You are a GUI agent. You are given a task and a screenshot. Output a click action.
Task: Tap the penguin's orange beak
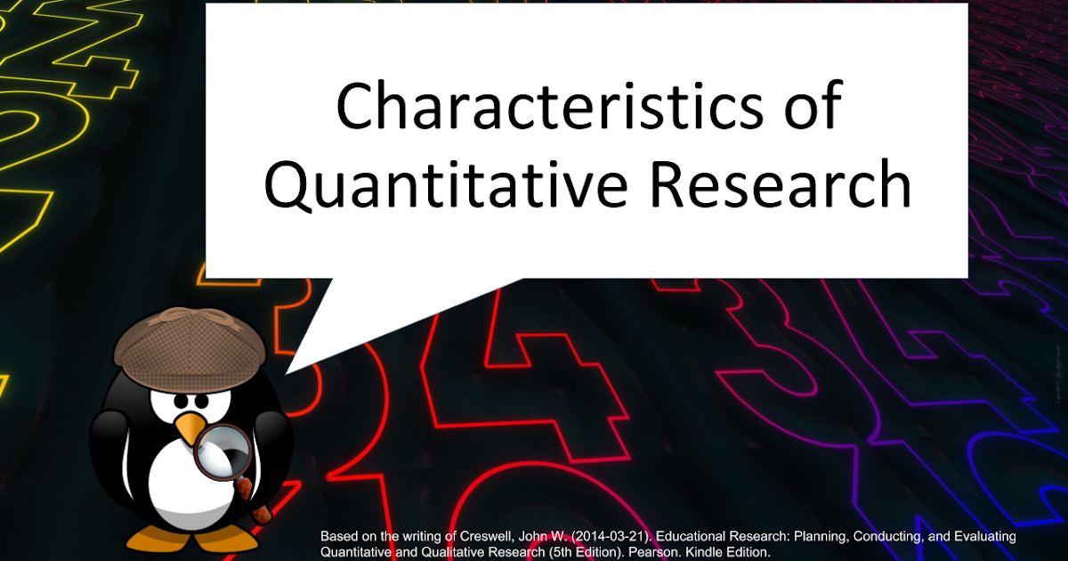click(x=189, y=431)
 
